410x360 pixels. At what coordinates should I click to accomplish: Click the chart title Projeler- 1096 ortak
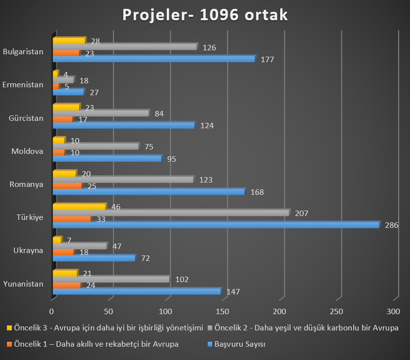205,15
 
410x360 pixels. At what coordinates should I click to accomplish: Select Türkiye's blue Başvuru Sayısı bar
216,225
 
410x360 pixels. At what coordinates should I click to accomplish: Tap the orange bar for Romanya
67,186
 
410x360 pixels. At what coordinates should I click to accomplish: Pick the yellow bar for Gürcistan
66,107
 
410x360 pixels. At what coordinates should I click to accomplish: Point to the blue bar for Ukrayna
93,258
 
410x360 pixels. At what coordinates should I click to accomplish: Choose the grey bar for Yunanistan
111,280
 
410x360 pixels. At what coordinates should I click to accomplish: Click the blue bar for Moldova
107,159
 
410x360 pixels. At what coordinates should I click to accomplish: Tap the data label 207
301,214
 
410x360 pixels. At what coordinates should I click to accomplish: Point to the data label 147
233,292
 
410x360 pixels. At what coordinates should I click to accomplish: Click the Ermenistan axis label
23,85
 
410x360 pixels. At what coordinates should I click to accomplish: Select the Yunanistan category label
23,284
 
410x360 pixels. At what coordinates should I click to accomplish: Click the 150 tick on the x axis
223,312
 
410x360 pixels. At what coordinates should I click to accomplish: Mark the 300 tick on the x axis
393,312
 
